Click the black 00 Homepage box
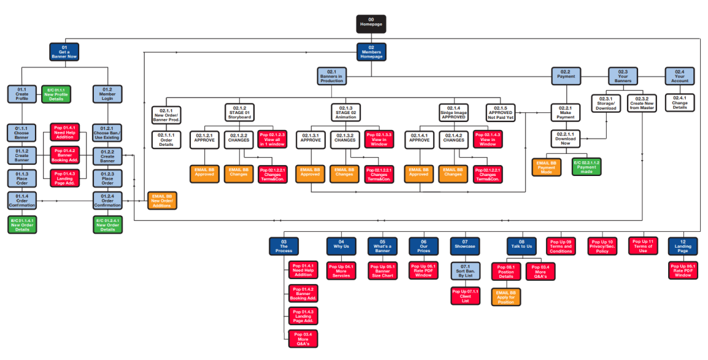(371, 24)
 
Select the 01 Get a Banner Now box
(64, 52)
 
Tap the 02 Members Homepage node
(371, 52)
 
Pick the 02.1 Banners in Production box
(332, 76)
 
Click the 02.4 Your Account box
(679, 76)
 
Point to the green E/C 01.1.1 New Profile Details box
(56, 94)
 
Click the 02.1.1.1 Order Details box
(166, 139)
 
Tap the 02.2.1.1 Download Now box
(565, 139)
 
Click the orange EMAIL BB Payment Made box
(546, 167)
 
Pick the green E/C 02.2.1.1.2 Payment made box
(587, 167)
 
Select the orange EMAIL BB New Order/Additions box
(162, 201)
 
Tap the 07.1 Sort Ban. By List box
(465, 270)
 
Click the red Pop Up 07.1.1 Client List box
(465, 297)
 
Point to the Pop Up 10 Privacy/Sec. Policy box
(602, 246)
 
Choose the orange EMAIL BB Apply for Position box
(506, 297)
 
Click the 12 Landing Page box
(682, 246)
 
